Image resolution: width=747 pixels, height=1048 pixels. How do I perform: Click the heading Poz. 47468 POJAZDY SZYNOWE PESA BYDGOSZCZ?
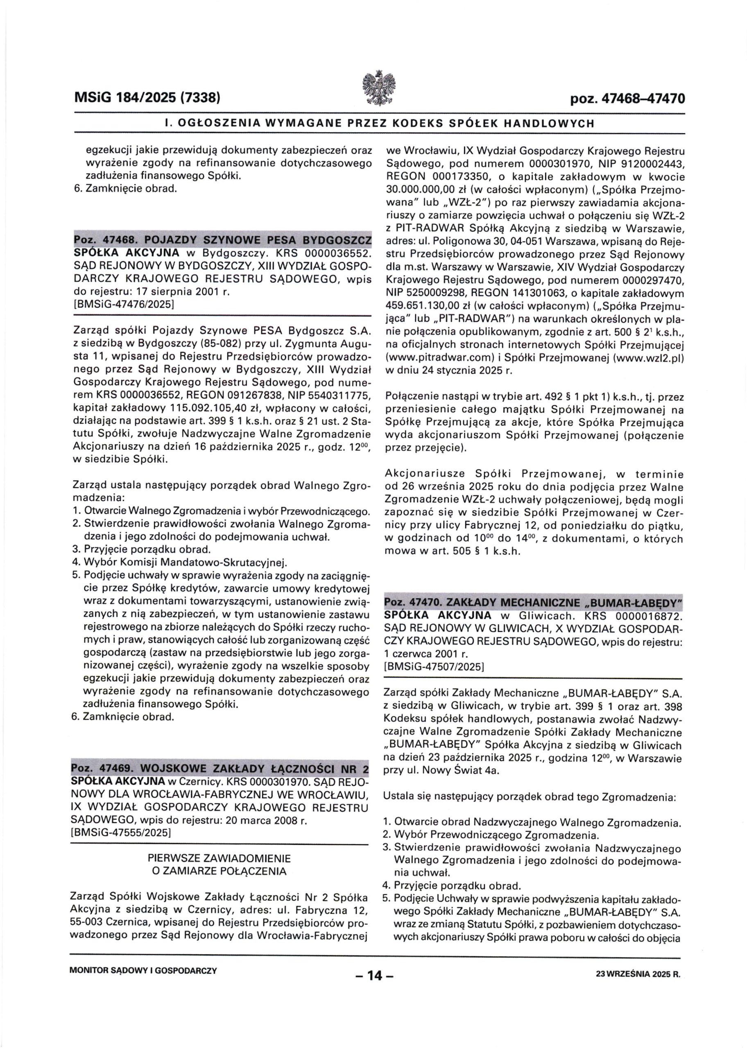[x=223, y=240]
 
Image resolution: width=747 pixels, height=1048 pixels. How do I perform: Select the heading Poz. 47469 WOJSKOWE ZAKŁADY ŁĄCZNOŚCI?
[x=220, y=768]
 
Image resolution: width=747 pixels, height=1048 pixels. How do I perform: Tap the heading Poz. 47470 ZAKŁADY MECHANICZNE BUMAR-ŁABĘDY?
[x=533, y=602]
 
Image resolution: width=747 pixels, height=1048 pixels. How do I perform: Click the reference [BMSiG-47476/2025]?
[x=124, y=304]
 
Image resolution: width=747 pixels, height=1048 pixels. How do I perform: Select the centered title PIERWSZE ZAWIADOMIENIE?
[x=220, y=858]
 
